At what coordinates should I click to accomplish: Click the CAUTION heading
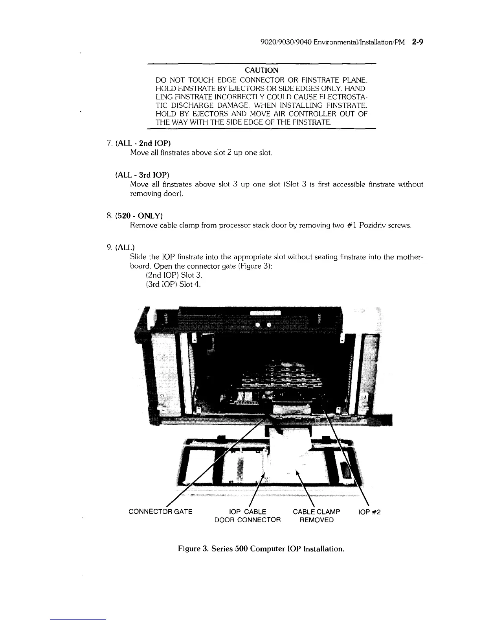pyautogui.click(x=261, y=70)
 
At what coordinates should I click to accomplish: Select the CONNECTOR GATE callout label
pyautogui.click(x=160, y=512)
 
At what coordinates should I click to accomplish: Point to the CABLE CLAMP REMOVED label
pyautogui.click(x=316, y=516)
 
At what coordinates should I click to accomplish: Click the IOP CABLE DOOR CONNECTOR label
pyautogui.click(x=248, y=516)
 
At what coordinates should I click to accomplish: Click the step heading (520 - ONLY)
pyautogui.click(x=140, y=216)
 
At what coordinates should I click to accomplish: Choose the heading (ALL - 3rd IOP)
pyautogui.click(x=142, y=174)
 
